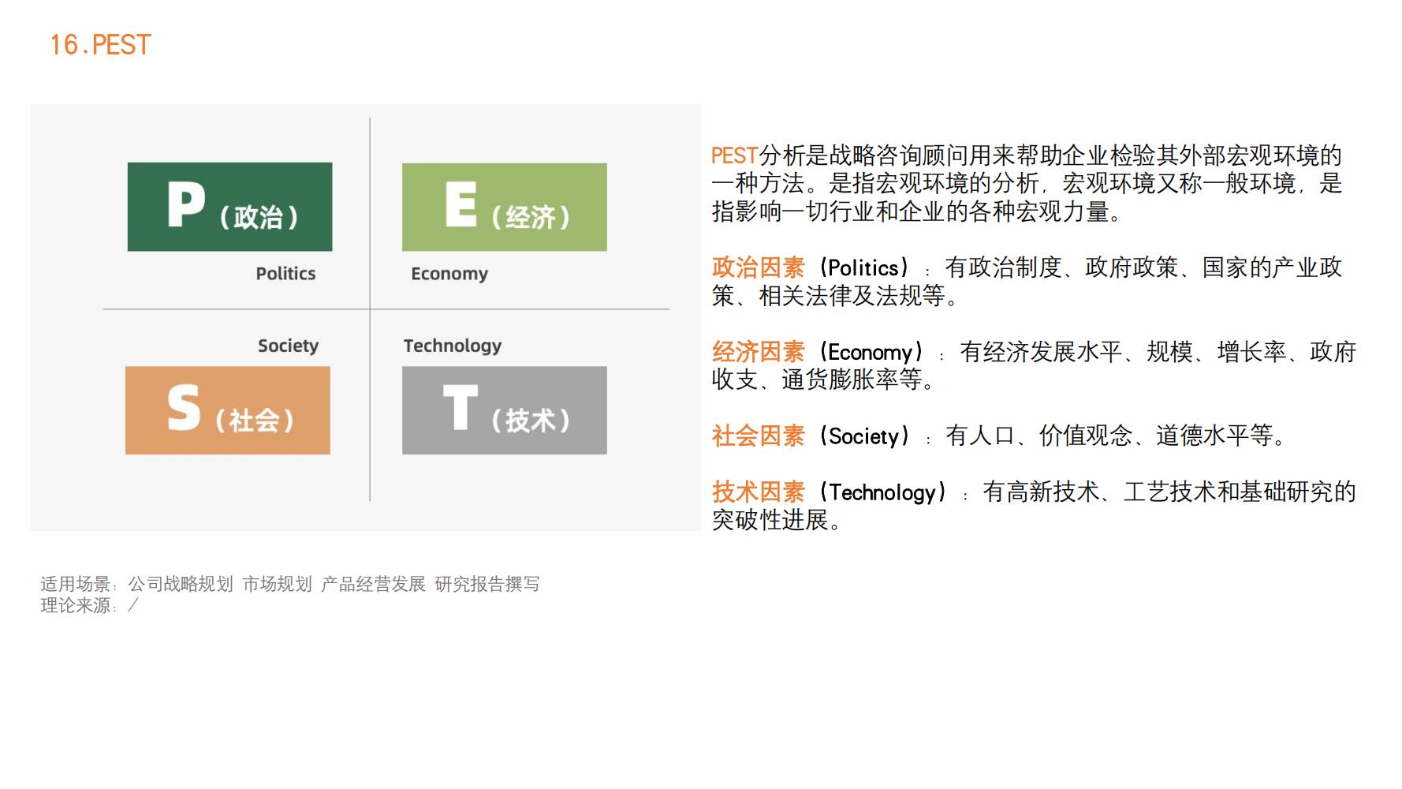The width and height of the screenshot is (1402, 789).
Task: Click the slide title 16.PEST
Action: pyautogui.click(x=100, y=45)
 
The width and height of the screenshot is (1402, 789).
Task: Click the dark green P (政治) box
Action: pyautogui.click(x=229, y=207)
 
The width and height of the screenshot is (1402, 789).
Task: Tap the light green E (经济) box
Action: pyautogui.click(x=505, y=207)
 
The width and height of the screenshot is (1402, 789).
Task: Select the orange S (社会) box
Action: pyautogui.click(x=228, y=410)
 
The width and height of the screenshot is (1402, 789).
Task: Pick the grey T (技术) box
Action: pyautogui.click(x=505, y=410)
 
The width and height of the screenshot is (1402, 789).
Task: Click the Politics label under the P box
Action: pyautogui.click(x=285, y=274)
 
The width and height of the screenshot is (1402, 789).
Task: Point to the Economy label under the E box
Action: pyautogui.click(x=449, y=274)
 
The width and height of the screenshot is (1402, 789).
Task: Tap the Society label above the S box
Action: pyautogui.click(x=289, y=346)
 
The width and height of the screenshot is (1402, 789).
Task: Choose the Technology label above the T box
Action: pyautogui.click(x=453, y=346)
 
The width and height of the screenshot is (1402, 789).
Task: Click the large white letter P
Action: pyautogui.click(x=186, y=204)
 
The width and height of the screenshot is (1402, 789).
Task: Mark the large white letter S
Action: pyautogui.click(x=184, y=408)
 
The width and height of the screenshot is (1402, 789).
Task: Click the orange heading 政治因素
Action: pyautogui.click(x=759, y=267)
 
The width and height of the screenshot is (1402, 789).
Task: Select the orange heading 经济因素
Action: pyautogui.click(x=759, y=352)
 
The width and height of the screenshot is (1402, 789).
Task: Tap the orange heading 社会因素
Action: pyautogui.click(x=759, y=436)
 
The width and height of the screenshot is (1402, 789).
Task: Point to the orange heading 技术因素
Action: pyautogui.click(x=759, y=492)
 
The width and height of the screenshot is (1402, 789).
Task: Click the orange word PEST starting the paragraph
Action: pyautogui.click(x=735, y=155)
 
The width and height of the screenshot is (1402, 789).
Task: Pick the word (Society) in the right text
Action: pyautogui.click(x=864, y=436)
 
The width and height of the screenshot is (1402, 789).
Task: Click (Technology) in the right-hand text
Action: pyautogui.click(x=882, y=492)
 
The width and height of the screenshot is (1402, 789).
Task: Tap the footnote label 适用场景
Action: pyautogui.click(x=76, y=584)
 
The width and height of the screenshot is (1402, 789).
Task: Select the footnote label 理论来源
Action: pyautogui.click(x=76, y=605)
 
